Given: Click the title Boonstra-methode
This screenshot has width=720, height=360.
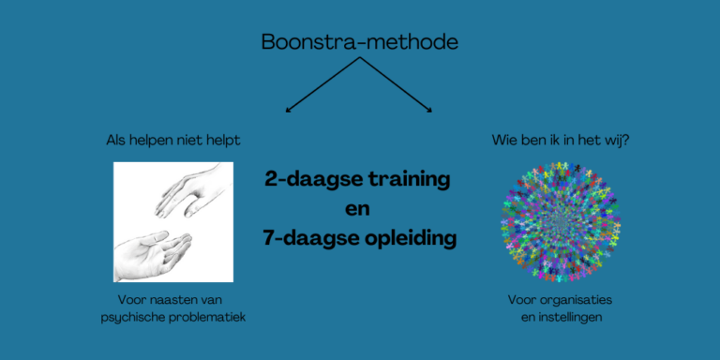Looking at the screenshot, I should (x=360, y=42).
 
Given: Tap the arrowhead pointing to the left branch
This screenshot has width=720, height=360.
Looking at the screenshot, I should (x=289, y=110).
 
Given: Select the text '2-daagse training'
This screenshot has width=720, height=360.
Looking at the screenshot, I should (x=358, y=179).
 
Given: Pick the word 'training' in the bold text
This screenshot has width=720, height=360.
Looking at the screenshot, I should (x=406, y=179).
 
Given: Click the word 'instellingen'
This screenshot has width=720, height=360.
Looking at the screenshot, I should (x=562, y=318).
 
